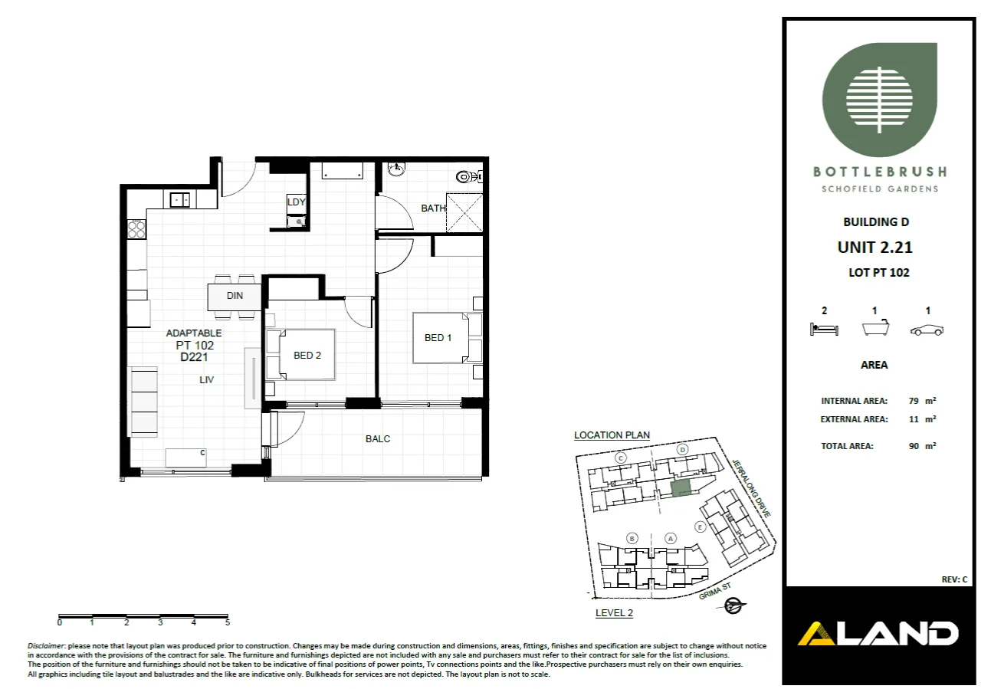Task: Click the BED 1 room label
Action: click(438, 338)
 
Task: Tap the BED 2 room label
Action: click(307, 355)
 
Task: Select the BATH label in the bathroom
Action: click(433, 208)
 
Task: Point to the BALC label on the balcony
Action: click(378, 439)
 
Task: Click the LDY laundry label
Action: click(296, 202)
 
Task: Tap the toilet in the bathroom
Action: click(465, 177)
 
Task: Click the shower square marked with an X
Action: click(464, 212)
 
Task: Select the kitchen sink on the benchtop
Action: click(181, 200)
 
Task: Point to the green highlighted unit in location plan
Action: click(680, 487)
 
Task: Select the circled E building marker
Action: click(699, 527)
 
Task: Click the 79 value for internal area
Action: click(913, 401)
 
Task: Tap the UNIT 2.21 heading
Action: click(875, 248)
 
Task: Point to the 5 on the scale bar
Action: click(228, 623)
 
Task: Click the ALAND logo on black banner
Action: click(878, 634)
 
